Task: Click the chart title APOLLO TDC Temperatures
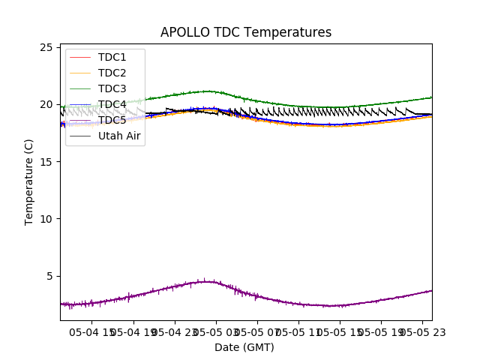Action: [x=246, y=32]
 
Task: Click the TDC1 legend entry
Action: [x=112, y=57]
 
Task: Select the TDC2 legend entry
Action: [x=112, y=73]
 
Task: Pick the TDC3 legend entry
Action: [x=112, y=88]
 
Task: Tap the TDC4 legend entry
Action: [x=112, y=104]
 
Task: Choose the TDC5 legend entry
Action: [x=112, y=120]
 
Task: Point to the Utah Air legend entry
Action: [x=119, y=136]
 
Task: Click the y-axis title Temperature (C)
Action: [x=29, y=181]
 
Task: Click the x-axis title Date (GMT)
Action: [x=244, y=347]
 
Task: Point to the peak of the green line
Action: [x=206, y=91]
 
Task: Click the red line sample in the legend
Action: [x=79, y=57]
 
